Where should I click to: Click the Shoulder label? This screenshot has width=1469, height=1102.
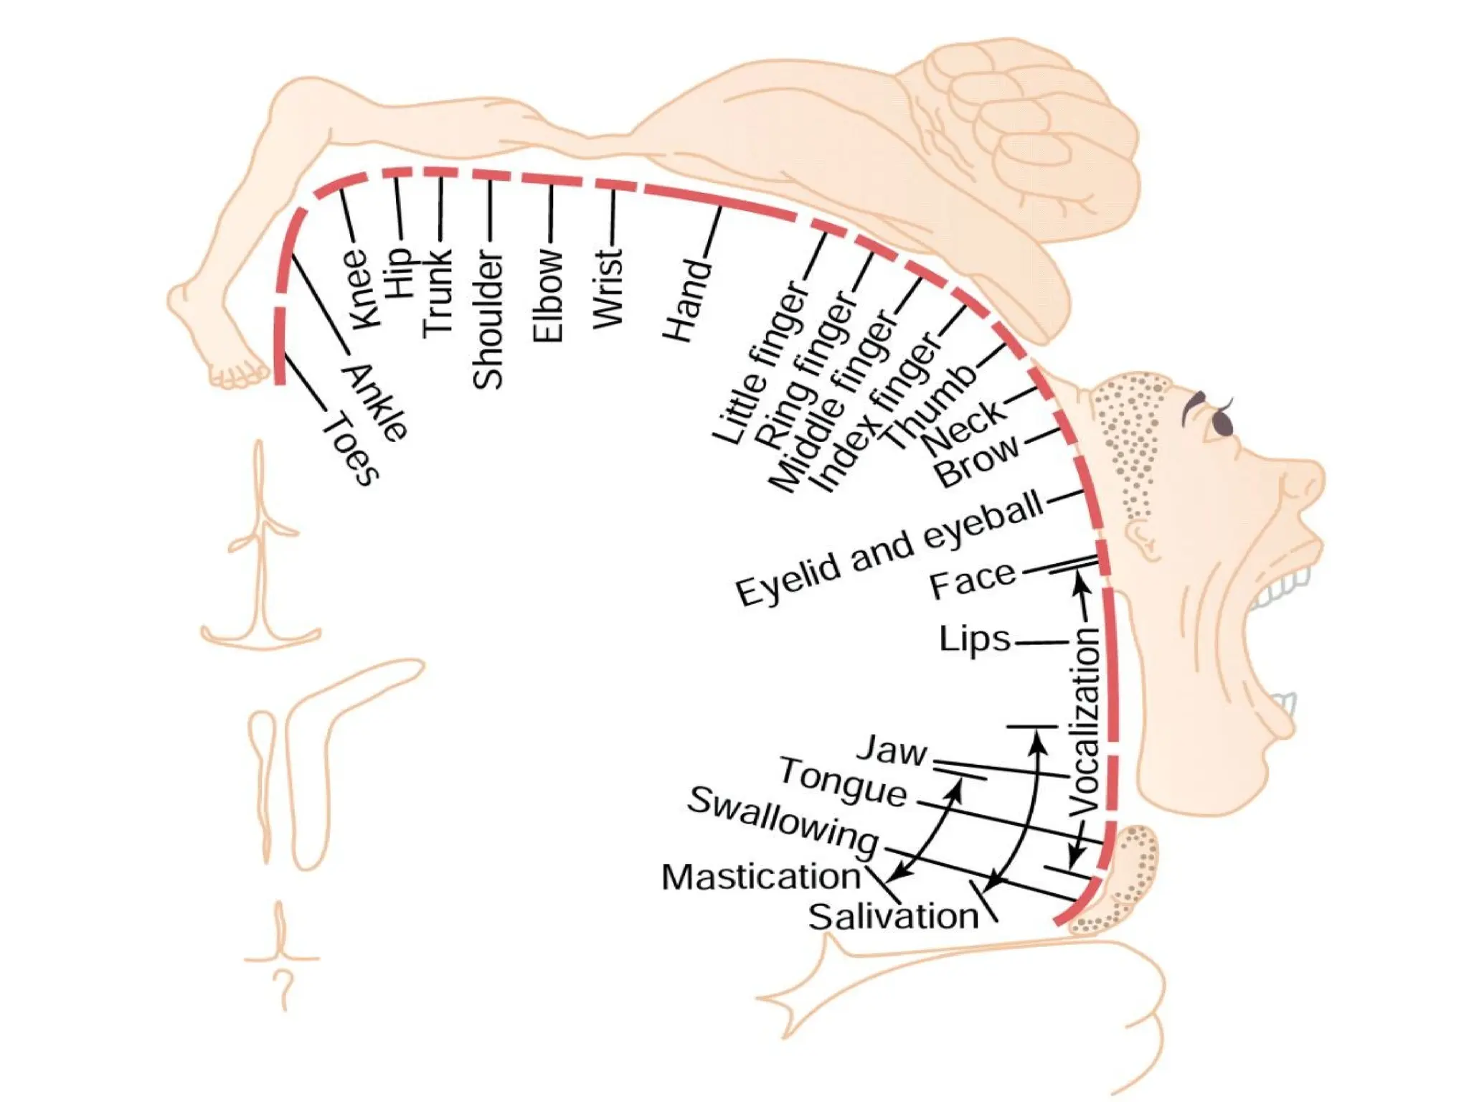click(488, 319)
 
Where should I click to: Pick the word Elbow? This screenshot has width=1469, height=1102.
click(549, 295)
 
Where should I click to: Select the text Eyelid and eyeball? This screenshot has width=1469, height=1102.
click(889, 549)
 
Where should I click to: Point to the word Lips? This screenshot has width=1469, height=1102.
click(975, 639)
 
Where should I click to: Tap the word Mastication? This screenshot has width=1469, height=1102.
click(761, 877)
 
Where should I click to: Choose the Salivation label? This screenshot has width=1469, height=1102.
click(893, 917)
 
